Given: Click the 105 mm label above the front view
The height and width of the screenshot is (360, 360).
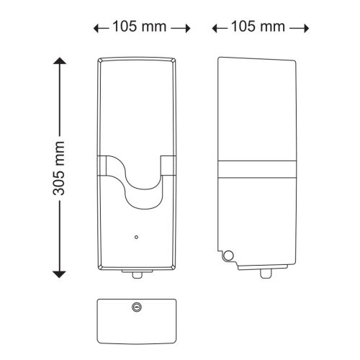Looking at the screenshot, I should (140, 27).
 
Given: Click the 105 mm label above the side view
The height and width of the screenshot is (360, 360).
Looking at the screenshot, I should (258, 27).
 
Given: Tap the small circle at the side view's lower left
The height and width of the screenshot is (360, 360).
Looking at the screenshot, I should (228, 254).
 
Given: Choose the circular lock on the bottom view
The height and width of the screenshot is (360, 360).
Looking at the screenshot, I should (137, 307).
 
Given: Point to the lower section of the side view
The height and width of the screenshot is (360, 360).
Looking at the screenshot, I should (259, 223).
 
